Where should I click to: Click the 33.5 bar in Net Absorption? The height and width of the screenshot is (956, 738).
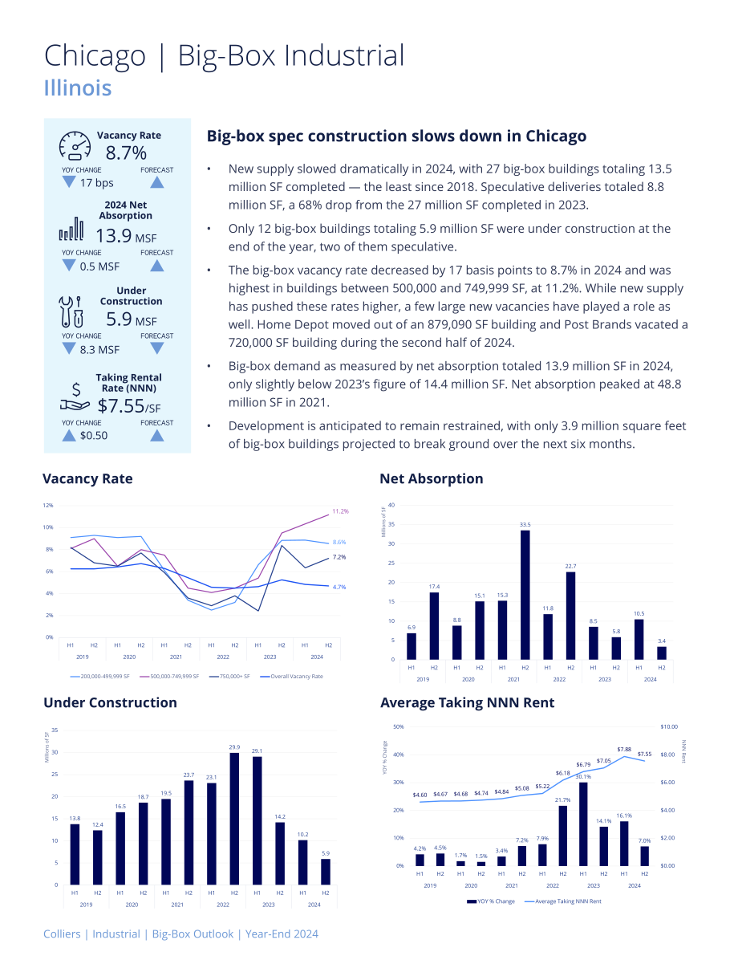525,595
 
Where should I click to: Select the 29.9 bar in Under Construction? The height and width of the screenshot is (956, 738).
234,819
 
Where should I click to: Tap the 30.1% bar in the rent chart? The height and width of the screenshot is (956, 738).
583,824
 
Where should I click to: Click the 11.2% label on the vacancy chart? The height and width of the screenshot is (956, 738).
340,511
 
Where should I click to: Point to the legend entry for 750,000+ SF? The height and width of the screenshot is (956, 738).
229,676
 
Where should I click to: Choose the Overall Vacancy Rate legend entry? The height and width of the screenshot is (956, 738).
291,676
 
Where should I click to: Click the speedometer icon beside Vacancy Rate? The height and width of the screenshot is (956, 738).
75,145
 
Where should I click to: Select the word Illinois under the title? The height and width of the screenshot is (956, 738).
77,87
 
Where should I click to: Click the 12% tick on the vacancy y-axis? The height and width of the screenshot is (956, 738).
48,506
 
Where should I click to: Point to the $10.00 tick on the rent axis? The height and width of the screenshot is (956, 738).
668,726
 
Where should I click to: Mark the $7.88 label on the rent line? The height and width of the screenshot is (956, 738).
624,750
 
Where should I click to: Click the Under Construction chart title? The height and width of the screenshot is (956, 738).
111,702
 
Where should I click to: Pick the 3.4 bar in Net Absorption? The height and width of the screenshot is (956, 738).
661,653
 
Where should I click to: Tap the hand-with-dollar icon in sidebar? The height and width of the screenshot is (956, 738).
75,397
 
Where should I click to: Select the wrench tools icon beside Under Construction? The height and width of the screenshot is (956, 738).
71,311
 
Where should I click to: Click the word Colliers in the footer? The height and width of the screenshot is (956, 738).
62,934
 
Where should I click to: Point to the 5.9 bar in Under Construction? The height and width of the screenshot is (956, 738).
326,872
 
